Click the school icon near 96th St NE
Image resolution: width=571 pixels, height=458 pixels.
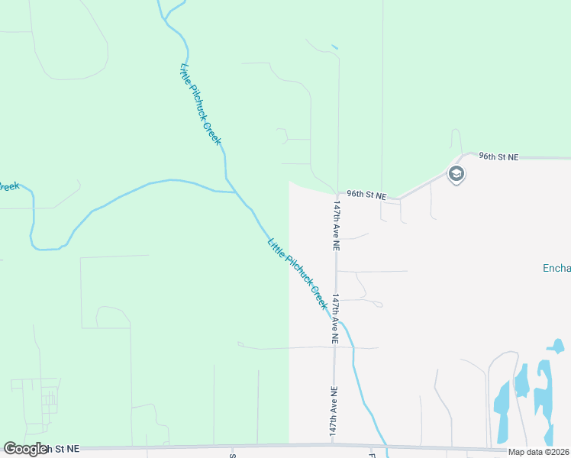click(456, 174)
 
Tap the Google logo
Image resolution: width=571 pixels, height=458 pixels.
click(25, 449)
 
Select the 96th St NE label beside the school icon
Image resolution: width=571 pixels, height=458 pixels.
click(498, 156)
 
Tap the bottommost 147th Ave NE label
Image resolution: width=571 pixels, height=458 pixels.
click(334, 411)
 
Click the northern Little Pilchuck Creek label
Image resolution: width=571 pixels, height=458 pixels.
click(201, 104)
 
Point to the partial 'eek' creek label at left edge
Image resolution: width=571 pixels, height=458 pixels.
click(8, 185)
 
